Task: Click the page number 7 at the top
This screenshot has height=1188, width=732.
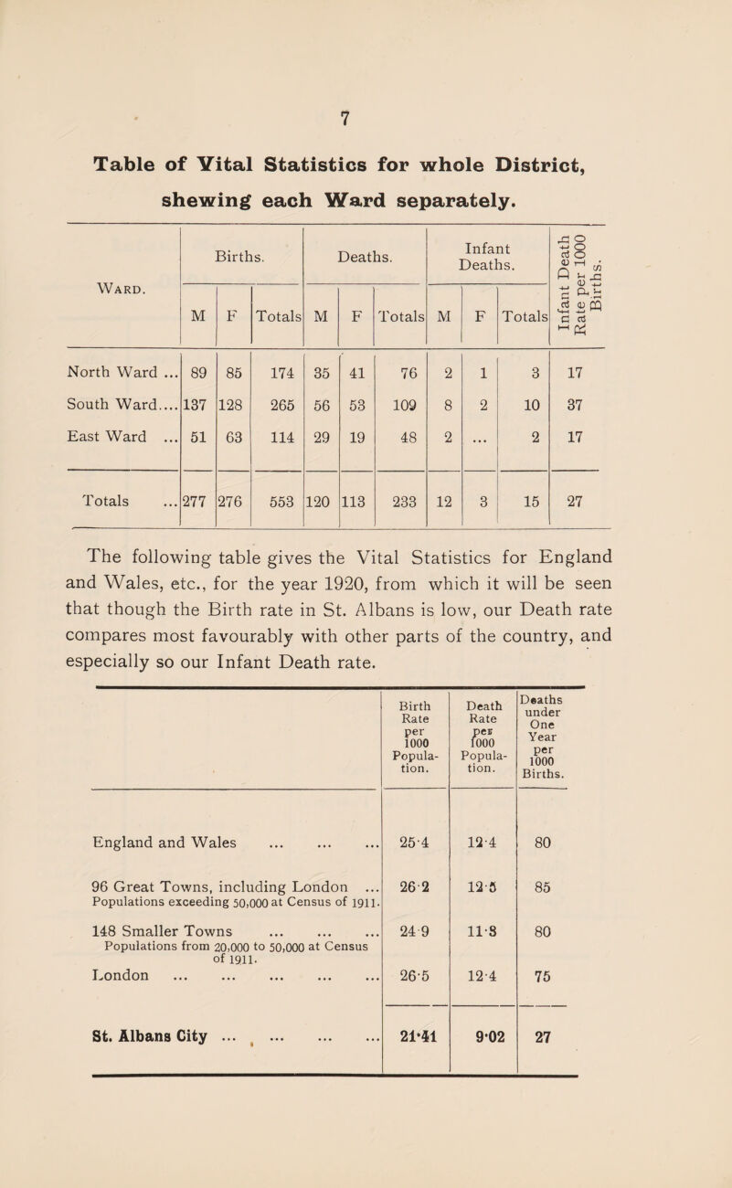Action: point(365,91)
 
